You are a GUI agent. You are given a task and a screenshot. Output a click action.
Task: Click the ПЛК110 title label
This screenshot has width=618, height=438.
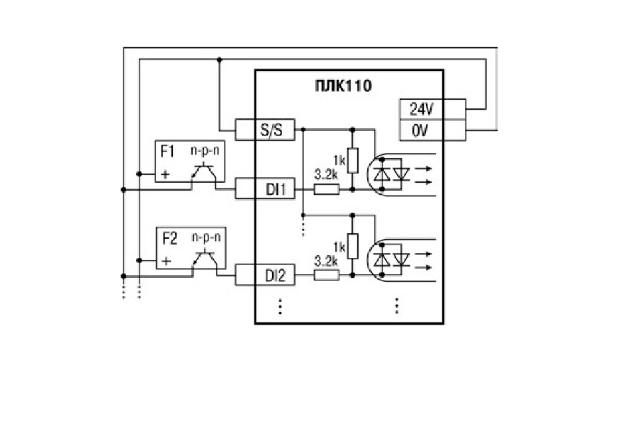tap(343, 86)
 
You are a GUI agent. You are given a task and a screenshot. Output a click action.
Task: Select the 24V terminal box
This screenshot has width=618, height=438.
tap(432, 109)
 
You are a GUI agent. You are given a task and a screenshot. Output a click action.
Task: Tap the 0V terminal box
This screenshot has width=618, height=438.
tap(432, 130)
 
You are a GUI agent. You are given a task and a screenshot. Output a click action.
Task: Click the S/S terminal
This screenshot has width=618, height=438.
tap(265, 129)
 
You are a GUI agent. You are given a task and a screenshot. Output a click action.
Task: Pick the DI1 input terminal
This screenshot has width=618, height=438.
tap(265, 189)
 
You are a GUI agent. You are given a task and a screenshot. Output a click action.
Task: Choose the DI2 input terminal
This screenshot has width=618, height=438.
tap(265, 275)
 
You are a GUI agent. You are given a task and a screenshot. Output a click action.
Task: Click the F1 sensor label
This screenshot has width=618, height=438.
tap(167, 152)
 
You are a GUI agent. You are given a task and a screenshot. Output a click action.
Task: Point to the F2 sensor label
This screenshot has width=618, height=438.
tap(170, 239)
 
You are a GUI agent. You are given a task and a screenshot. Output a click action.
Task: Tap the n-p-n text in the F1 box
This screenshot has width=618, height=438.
tap(205, 150)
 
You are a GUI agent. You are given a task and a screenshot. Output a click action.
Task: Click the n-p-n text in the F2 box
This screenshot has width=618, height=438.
tap(206, 237)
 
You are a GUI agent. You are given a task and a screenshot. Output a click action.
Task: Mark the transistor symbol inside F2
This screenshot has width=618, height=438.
tap(205, 258)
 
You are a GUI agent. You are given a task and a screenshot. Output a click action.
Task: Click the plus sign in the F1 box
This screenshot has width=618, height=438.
tap(165, 174)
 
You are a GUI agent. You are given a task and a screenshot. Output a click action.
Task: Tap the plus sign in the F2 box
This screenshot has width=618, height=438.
tap(167, 261)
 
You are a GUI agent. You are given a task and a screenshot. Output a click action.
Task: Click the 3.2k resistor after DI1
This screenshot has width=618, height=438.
tap(326, 190)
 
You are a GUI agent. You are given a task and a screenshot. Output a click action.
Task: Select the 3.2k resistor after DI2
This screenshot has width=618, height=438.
tap(326, 275)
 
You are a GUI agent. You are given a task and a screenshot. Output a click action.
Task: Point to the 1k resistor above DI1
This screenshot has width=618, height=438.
tap(353, 160)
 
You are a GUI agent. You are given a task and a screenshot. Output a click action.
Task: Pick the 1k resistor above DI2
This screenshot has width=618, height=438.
tap(353, 246)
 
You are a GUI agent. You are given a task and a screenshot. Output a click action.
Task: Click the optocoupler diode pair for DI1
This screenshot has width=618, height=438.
tap(392, 174)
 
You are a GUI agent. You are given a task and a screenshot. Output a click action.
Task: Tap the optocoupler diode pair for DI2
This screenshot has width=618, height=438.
tap(392, 259)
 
